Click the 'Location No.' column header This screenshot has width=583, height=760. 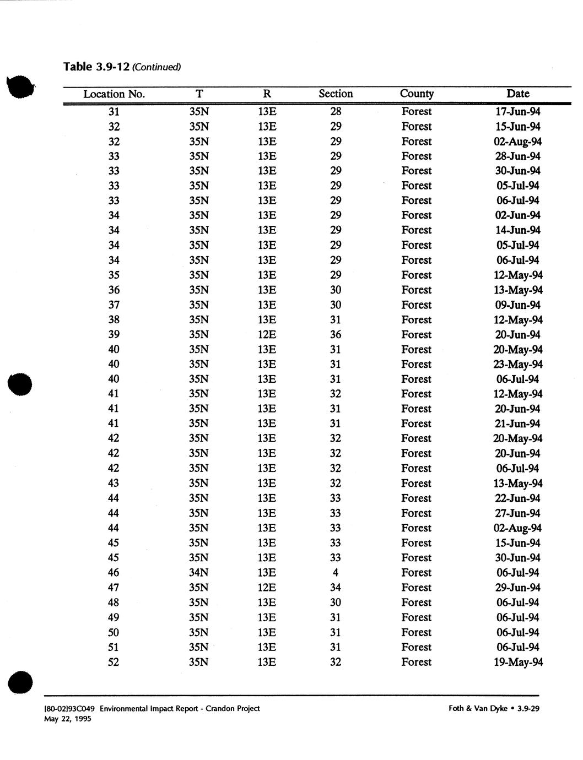114,94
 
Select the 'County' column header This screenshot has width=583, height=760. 417,94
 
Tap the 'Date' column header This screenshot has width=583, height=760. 517,94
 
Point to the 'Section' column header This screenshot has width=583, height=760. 336,94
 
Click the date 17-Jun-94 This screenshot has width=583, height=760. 518,112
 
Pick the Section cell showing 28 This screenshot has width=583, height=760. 336,112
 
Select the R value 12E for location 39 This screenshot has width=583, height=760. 267,335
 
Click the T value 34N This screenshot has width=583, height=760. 198,573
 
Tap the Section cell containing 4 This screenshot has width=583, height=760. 336,573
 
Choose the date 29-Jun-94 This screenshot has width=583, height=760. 518,588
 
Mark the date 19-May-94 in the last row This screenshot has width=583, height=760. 518,662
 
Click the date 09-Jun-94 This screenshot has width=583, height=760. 518,305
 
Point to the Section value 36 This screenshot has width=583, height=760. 336,335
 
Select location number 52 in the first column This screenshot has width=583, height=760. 114,662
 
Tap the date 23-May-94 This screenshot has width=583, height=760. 518,365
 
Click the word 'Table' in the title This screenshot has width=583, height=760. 78,67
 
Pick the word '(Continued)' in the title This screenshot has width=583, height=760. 156,68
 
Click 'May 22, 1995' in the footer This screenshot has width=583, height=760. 67,719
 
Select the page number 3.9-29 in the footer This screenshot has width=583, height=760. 528,709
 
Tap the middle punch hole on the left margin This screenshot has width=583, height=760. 20,384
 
